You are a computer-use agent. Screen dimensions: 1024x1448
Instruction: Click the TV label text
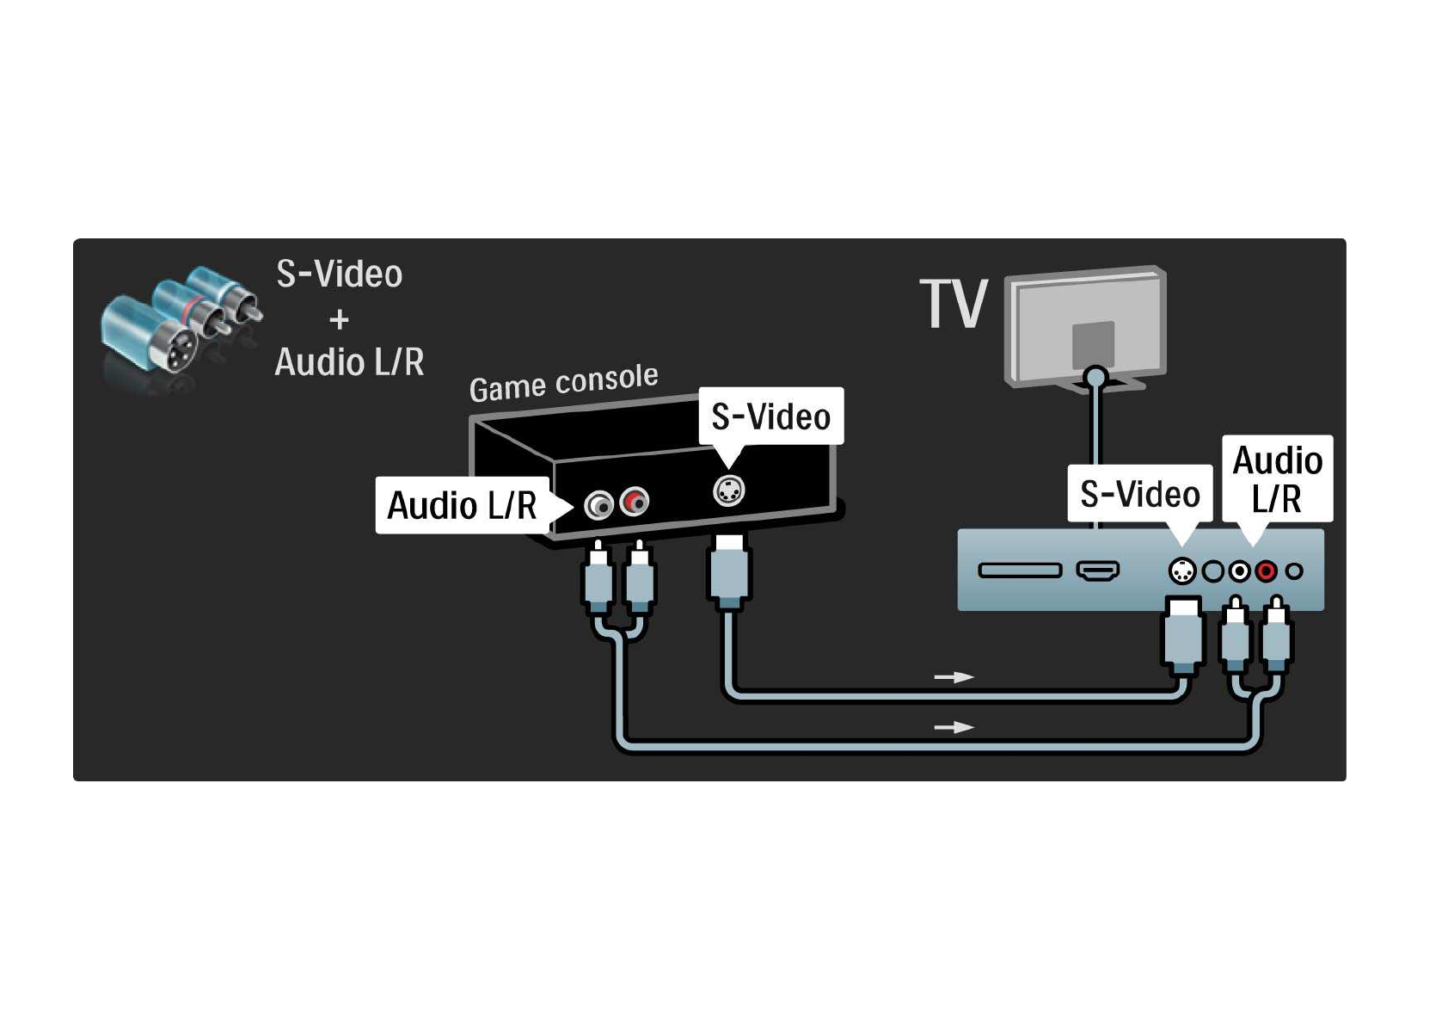[953, 304]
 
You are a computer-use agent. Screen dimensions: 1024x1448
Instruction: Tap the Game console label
[563, 382]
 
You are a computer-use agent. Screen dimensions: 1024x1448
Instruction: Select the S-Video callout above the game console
[770, 416]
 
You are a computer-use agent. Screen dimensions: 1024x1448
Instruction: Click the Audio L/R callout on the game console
[463, 505]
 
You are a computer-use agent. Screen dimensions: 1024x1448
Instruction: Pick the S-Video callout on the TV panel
[1139, 494]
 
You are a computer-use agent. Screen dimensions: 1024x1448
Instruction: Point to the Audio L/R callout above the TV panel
[1277, 478]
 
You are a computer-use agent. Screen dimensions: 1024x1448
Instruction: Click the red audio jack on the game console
[635, 501]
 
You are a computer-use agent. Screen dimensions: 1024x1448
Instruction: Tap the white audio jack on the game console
[598, 504]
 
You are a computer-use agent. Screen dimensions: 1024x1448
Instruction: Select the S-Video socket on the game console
[728, 490]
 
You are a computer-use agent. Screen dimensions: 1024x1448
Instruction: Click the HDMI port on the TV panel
[1098, 570]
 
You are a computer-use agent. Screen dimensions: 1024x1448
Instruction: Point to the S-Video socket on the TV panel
[1182, 571]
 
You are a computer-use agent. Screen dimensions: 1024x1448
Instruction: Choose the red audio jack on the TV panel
[1265, 571]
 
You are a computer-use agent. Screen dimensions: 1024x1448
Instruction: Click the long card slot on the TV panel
[1020, 570]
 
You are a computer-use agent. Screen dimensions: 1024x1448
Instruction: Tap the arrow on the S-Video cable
[954, 677]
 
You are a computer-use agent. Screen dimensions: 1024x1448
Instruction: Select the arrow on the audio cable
[954, 727]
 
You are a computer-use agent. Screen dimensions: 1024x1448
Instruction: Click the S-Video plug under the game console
[728, 571]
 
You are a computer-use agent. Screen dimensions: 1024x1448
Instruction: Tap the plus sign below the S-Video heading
[339, 320]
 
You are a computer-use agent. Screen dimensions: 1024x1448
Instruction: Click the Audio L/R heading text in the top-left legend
[349, 362]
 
